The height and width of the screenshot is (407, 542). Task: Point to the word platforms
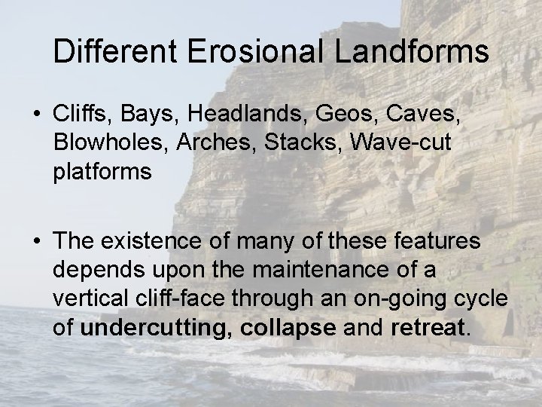pyautogui.click(x=102, y=171)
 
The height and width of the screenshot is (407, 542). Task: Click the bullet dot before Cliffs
pyautogui.click(x=37, y=117)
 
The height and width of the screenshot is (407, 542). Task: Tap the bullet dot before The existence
pyautogui.click(x=37, y=243)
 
